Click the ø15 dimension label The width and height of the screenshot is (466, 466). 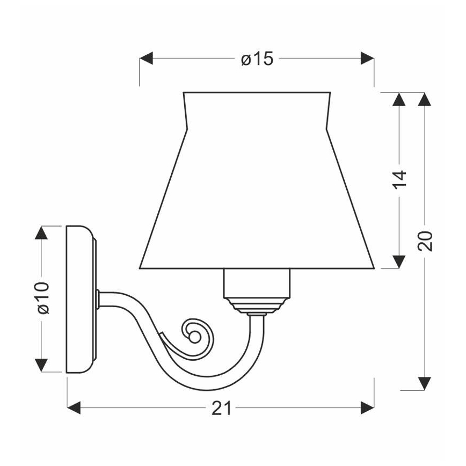click(x=257, y=59)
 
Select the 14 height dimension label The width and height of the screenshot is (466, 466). click(x=399, y=181)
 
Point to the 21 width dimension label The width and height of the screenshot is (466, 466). click(x=221, y=408)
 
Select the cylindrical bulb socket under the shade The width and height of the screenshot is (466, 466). click(x=257, y=282)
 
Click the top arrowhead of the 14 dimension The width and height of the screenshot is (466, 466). click(x=399, y=100)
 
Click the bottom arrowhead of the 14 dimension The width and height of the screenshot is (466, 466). click(x=399, y=261)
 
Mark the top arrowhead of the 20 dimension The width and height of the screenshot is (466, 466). click(x=425, y=100)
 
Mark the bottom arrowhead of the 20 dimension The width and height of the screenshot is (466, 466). click(x=425, y=383)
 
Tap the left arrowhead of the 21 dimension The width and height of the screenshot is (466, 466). click(x=74, y=408)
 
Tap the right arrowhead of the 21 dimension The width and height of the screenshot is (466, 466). click(x=367, y=408)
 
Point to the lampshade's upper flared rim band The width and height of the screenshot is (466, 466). click(x=256, y=110)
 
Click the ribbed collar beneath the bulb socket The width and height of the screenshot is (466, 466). click(x=257, y=305)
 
